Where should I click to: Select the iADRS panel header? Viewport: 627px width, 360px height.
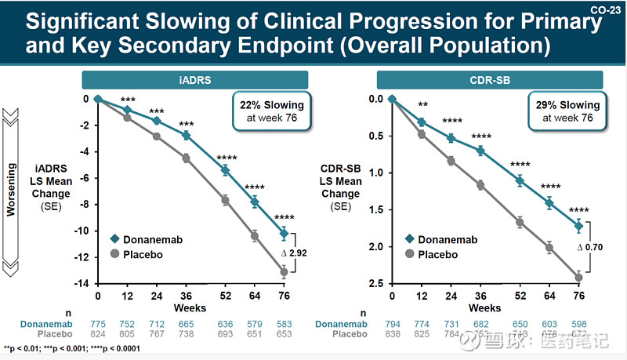pyautogui.click(x=194, y=79)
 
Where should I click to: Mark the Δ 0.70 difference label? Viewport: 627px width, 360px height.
pyautogui.click(x=590, y=248)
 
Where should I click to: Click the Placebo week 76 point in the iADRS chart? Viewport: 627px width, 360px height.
pyautogui.click(x=285, y=271)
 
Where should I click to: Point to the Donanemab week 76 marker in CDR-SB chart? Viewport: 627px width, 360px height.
pyautogui.click(x=578, y=226)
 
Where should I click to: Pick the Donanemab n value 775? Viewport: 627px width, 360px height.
pyautogui.click(x=98, y=323)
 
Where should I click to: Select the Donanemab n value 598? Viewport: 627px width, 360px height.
pyautogui.click(x=578, y=323)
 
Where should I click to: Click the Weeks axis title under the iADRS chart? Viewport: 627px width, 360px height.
pyautogui.click(x=190, y=307)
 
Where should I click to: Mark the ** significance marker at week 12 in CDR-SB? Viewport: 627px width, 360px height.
pyautogui.click(x=422, y=105)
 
